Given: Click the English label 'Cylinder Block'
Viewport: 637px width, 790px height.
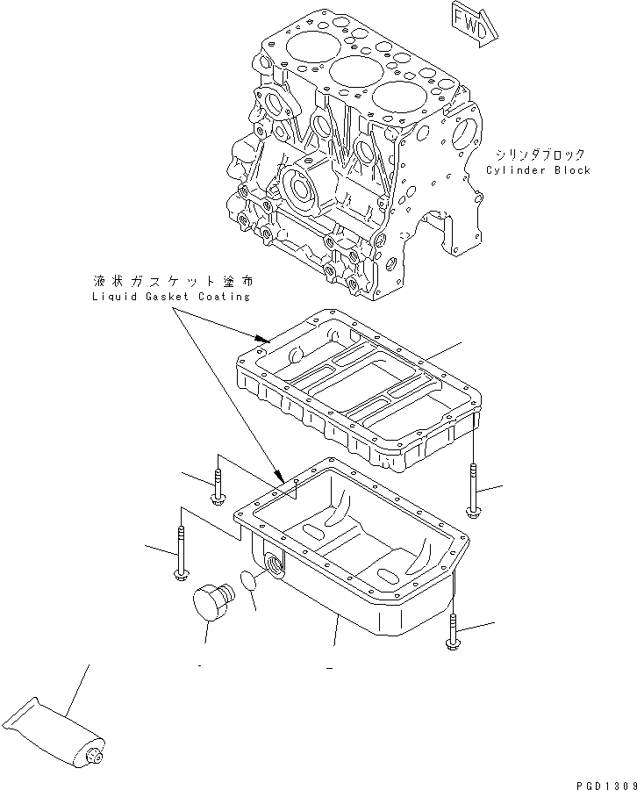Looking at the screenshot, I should tap(538, 170).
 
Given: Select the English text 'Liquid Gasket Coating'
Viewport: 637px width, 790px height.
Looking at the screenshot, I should tap(169, 297).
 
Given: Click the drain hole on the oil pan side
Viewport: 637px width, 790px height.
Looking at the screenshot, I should tap(275, 565).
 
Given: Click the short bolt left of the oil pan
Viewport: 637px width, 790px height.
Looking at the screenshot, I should tap(217, 489).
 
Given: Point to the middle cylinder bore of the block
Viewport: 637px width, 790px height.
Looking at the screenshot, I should tap(350, 72).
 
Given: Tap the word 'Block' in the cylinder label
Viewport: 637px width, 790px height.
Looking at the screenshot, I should tap(570, 170).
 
